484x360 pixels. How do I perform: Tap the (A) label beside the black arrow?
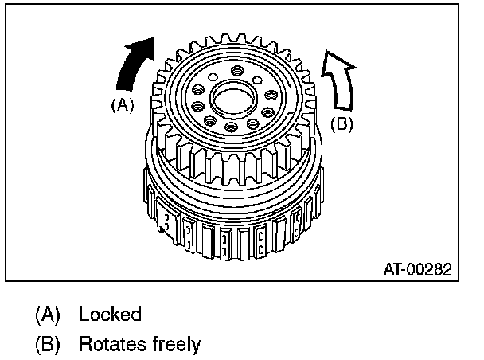pyautogui.click(x=121, y=104)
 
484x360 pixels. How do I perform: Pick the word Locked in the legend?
pyautogui.click(x=110, y=314)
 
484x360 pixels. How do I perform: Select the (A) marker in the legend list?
pyautogui.click(x=48, y=314)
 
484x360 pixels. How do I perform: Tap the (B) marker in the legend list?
pyautogui.click(x=48, y=344)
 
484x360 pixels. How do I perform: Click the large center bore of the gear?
pyautogui.click(x=232, y=99)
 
